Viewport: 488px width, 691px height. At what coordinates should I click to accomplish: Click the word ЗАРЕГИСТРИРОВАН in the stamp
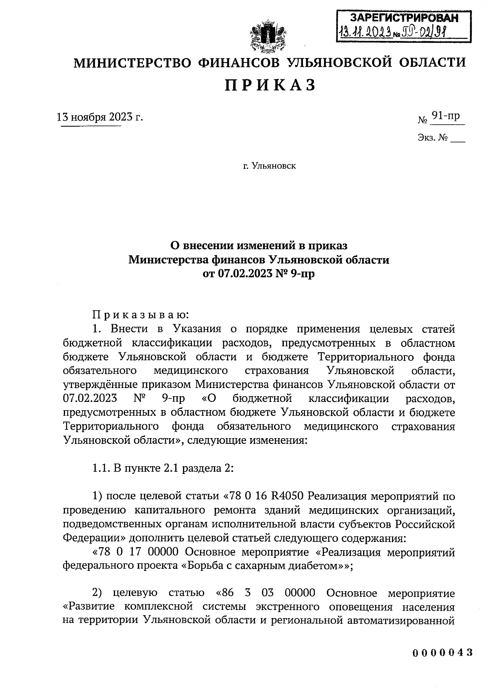404,18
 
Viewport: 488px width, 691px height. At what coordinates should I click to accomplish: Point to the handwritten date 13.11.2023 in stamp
366,31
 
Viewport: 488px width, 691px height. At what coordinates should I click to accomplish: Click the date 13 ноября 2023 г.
100,117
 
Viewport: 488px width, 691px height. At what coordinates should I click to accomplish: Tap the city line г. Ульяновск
269,166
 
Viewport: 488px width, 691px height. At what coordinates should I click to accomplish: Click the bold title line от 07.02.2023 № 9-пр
259,274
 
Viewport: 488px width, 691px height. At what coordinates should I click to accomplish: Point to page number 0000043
443,652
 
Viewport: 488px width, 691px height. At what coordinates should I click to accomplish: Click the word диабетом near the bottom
317,566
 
